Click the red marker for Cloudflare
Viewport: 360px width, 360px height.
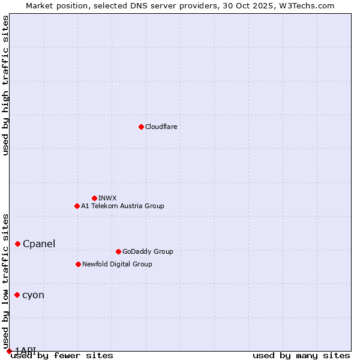[x=141, y=127]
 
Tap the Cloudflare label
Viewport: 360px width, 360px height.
[x=161, y=127]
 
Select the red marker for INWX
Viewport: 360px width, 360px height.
[x=94, y=198]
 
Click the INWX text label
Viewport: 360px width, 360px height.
[x=107, y=198]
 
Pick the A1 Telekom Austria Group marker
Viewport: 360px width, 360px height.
[x=77, y=206]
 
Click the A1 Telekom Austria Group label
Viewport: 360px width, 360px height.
[x=122, y=206]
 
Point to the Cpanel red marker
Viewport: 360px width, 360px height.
[x=18, y=244]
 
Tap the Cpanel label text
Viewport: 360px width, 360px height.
[x=39, y=244]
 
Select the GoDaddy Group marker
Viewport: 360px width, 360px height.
[x=118, y=251]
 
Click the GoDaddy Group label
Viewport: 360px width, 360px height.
[x=148, y=251]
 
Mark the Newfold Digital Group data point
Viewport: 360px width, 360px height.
[x=78, y=264]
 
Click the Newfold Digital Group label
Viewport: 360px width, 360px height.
[x=117, y=264]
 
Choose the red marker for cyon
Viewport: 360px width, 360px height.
[x=17, y=295]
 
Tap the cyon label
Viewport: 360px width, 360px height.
[x=33, y=295]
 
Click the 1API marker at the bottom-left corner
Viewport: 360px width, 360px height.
[x=9, y=351]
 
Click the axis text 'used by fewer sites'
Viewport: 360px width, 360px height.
[x=62, y=355]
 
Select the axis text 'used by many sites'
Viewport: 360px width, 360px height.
[x=301, y=355]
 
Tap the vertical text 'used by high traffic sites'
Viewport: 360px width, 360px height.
[x=5, y=85]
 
